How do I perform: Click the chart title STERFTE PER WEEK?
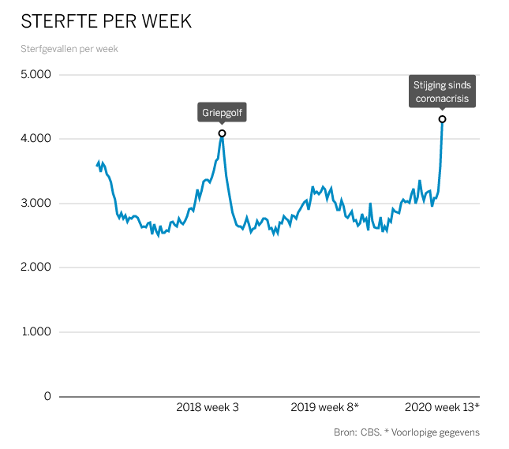point(106,21)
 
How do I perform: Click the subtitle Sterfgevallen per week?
point(69,49)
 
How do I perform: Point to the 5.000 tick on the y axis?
point(36,75)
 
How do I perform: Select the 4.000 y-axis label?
point(36,139)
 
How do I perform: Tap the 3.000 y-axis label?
point(36,204)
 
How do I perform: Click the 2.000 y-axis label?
point(36,268)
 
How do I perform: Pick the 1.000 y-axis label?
point(36,332)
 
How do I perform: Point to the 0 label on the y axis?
point(47,396)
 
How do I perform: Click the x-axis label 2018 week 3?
point(208,407)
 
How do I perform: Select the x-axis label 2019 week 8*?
point(324,407)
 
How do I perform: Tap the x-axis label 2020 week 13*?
point(442,407)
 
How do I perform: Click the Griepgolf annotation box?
point(222,113)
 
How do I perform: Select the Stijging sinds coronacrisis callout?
point(442,92)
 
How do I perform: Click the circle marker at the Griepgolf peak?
point(222,133)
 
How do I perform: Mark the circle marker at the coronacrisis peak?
point(442,119)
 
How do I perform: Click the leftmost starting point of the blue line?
point(96,165)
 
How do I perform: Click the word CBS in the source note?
point(372,432)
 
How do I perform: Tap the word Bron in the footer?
point(346,432)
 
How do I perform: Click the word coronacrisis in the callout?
point(442,99)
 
